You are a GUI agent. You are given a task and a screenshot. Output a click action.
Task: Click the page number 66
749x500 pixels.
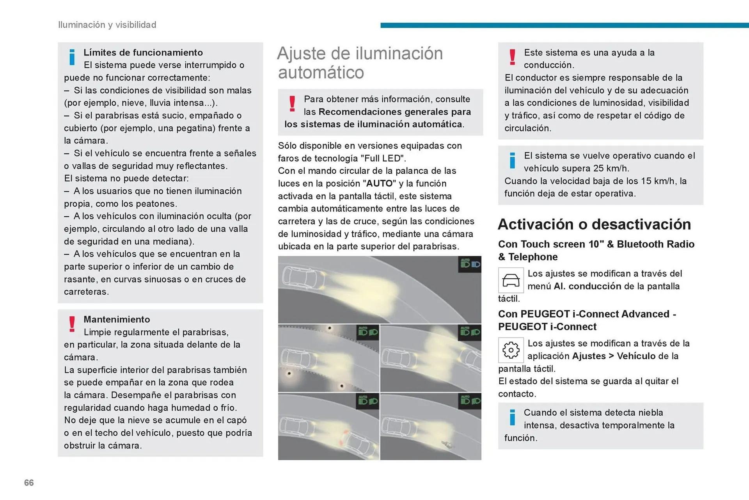pyautogui.click(x=29, y=482)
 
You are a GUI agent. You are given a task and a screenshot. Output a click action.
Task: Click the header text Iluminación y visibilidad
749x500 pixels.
pyautogui.click(x=107, y=25)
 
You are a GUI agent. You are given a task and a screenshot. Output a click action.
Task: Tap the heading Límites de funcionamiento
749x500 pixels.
pyautogui.click(x=143, y=52)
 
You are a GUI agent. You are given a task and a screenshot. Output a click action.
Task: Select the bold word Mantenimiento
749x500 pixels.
pyautogui.click(x=117, y=319)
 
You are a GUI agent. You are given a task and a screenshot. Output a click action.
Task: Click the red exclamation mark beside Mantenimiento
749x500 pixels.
pyautogui.click(x=72, y=324)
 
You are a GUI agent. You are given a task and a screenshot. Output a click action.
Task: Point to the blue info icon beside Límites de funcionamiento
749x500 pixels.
pyautogui.click(x=72, y=57)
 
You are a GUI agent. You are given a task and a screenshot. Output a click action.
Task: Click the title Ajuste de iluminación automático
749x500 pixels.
pyautogui.click(x=360, y=62)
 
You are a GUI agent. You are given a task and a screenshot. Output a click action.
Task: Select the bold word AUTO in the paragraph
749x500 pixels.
pyautogui.click(x=379, y=183)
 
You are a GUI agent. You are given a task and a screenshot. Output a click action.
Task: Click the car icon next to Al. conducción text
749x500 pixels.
pyautogui.click(x=511, y=280)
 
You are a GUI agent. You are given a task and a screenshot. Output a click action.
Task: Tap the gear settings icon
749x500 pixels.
pyautogui.click(x=511, y=350)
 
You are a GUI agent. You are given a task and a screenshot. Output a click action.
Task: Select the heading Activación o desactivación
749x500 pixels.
pyautogui.click(x=594, y=224)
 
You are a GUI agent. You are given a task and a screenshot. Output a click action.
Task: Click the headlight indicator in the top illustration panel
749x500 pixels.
pyautogui.click(x=470, y=265)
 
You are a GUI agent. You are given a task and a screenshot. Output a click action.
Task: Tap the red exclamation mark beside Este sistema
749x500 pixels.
pyautogui.click(x=512, y=57)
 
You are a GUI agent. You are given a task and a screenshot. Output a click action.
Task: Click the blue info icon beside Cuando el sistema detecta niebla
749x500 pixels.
pyautogui.click(x=512, y=417)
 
